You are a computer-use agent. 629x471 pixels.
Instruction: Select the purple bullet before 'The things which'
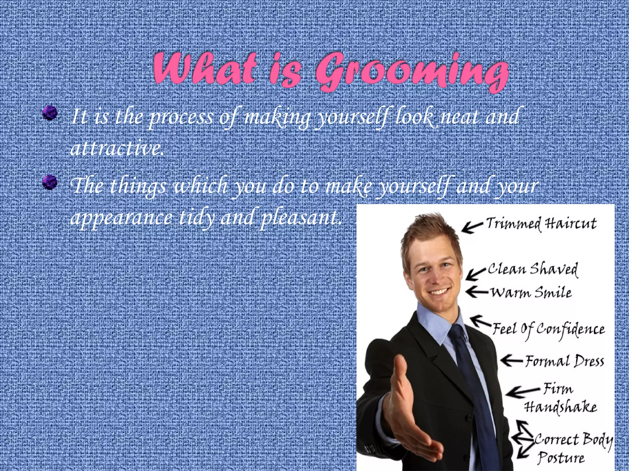50,182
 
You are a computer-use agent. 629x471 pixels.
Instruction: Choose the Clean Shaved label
533,269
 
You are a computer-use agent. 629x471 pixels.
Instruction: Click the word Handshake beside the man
560,408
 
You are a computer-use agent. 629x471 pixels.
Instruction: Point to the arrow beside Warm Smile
477,291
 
